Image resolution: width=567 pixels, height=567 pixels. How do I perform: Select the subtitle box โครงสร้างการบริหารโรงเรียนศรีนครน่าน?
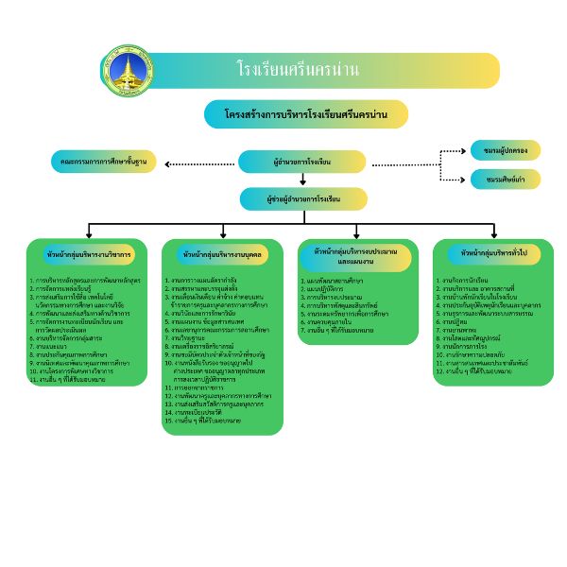point(306,114)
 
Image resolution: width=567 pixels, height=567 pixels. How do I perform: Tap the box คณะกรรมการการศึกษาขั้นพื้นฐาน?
point(104,163)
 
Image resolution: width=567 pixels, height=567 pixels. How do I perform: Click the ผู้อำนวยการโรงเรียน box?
point(301,163)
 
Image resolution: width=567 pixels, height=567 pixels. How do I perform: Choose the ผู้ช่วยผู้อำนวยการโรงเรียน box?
point(303,199)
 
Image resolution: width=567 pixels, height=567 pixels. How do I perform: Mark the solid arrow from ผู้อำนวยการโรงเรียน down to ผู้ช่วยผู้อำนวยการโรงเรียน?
point(303,180)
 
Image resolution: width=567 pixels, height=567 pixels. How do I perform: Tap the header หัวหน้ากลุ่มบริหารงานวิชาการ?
point(88,255)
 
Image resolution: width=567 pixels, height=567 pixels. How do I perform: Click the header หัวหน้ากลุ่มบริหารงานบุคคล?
point(223,255)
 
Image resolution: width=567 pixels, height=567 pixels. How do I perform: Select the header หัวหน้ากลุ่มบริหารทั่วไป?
point(493,253)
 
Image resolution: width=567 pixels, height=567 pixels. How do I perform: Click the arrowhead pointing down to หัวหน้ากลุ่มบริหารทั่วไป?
point(494,233)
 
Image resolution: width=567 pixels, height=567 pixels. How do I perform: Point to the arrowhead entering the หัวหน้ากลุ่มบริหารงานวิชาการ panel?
point(89,233)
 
